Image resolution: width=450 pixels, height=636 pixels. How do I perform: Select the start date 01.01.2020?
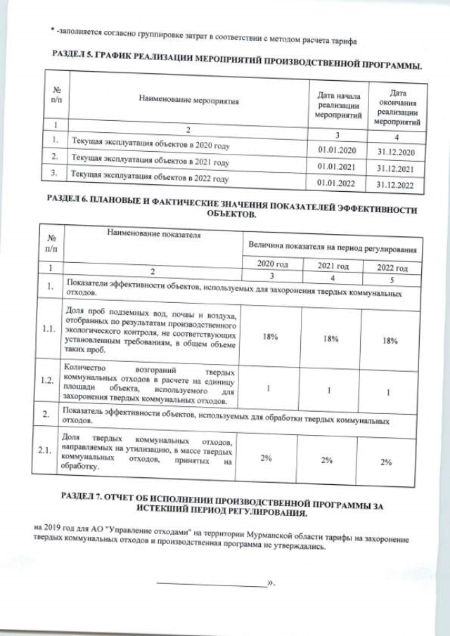(338, 150)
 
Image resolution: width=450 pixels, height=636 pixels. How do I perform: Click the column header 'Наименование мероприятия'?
(188, 100)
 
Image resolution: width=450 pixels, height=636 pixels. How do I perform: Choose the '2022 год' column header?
(392, 268)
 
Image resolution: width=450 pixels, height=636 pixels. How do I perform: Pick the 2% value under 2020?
(266, 458)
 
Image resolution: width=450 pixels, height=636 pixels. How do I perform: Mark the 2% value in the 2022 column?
(386, 462)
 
